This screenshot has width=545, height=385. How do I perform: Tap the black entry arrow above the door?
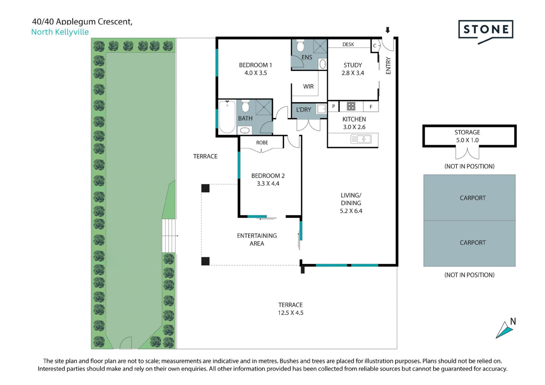tap(388, 30)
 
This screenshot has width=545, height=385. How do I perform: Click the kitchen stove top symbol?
tap(351, 106)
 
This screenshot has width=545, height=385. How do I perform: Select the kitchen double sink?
tap(361, 139)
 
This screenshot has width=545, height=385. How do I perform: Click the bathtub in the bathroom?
tap(227, 117)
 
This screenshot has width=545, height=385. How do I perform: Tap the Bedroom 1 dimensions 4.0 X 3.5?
tap(255, 73)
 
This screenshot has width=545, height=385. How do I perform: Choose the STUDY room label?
tap(353, 65)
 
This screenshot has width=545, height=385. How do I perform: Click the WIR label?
tap(308, 87)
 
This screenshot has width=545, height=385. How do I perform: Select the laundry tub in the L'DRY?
tap(321, 109)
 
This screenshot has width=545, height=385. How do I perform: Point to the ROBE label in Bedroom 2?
tap(262, 142)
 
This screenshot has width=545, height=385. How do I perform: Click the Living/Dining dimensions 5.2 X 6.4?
tap(351, 211)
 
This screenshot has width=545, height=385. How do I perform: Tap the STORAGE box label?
tap(467, 132)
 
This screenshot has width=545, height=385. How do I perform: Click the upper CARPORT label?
tap(473, 198)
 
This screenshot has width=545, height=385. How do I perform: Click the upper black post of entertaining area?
tap(206, 188)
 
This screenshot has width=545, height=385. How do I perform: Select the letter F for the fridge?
tap(371, 107)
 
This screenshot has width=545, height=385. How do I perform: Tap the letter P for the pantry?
tap(334, 106)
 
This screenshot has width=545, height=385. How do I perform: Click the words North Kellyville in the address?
tap(60, 32)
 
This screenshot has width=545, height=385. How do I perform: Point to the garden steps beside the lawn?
tap(169, 236)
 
